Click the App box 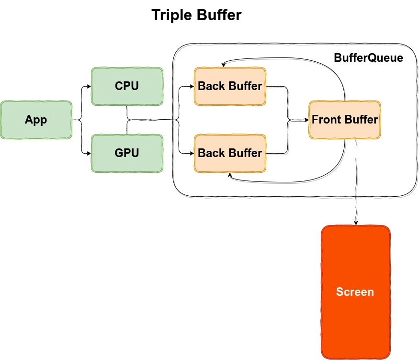[x=36, y=120]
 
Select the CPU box [x=127, y=86]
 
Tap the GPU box [x=127, y=153]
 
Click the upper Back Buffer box [x=230, y=86]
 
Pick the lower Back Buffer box [x=230, y=153]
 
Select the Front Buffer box [x=345, y=120]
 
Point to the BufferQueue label [x=368, y=58]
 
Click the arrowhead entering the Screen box [x=355, y=223]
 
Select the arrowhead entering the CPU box [x=89, y=86]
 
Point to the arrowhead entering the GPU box [x=89, y=153]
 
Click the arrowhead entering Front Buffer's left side [x=306, y=120]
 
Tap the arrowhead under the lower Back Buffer [x=230, y=175]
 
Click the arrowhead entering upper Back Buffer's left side [x=192, y=87]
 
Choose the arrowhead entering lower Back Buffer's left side [x=192, y=153]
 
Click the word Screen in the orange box [x=355, y=292]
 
